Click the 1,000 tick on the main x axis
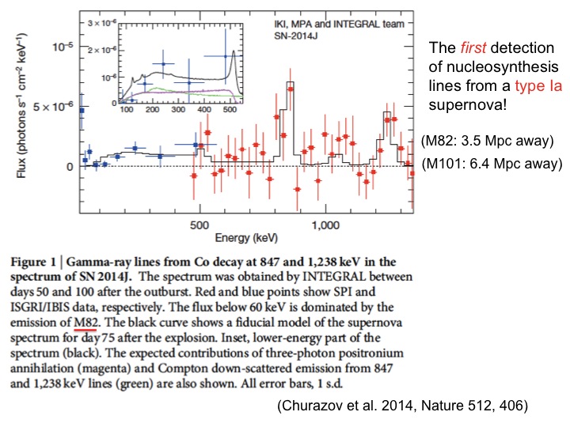(326, 225)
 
